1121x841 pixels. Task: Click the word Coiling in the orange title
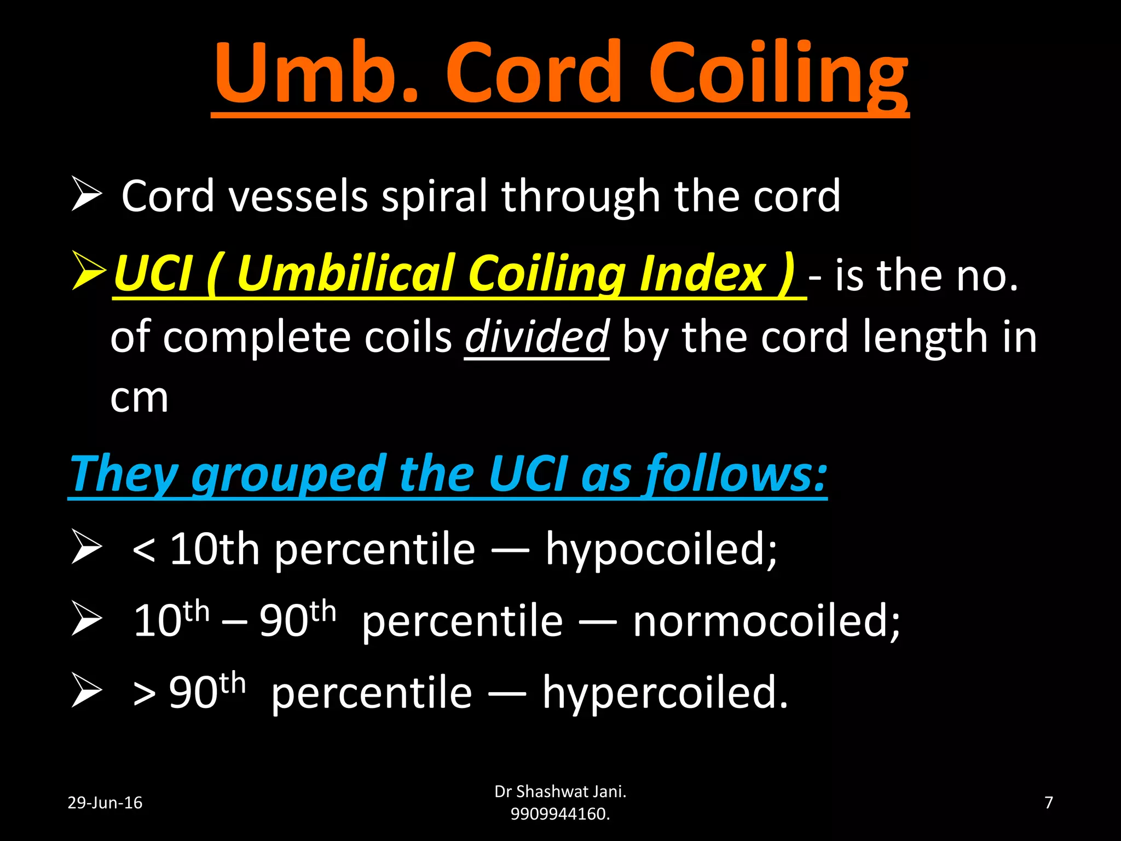point(777,74)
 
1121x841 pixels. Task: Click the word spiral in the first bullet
point(435,197)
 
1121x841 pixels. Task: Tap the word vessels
point(298,197)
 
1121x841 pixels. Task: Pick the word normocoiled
point(766,622)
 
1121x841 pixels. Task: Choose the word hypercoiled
point(665,693)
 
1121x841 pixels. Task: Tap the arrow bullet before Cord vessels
point(86,194)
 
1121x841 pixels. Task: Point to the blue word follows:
point(736,474)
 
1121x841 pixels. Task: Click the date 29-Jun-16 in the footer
point(105,803)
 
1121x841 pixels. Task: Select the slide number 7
point(1049,803)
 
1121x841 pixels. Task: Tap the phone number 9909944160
point(559,814)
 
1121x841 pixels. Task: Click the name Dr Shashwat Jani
point(560,792)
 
